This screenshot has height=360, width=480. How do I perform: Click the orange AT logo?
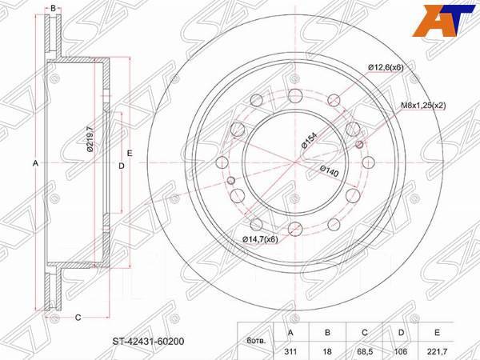[x=454, y=18]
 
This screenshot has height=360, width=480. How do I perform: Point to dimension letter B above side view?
[x=74, y=9]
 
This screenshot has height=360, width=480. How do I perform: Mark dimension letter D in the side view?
[x=121, y=166]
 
